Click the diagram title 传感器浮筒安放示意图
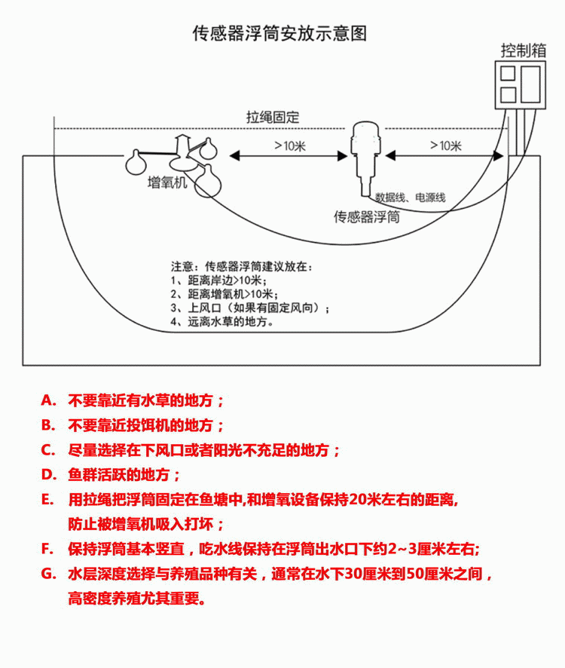pos(279,33)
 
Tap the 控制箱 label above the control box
pos(524,51)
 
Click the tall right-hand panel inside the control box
pos(530,84)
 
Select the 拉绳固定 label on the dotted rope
pos(273,117)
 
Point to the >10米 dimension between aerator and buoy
pos(290,146)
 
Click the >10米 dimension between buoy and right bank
pos(446,146)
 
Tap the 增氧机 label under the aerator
pos(167,182)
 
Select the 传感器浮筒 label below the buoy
pos(367,217)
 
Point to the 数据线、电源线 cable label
pos(410,198)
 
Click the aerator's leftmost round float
pos(136,164)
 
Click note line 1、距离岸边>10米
pos(219,280)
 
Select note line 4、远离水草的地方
pos(221,321)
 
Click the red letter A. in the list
pos(48,400)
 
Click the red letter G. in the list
pos(49,574)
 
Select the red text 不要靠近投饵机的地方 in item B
pos(145,425)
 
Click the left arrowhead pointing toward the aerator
pos(234,156)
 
